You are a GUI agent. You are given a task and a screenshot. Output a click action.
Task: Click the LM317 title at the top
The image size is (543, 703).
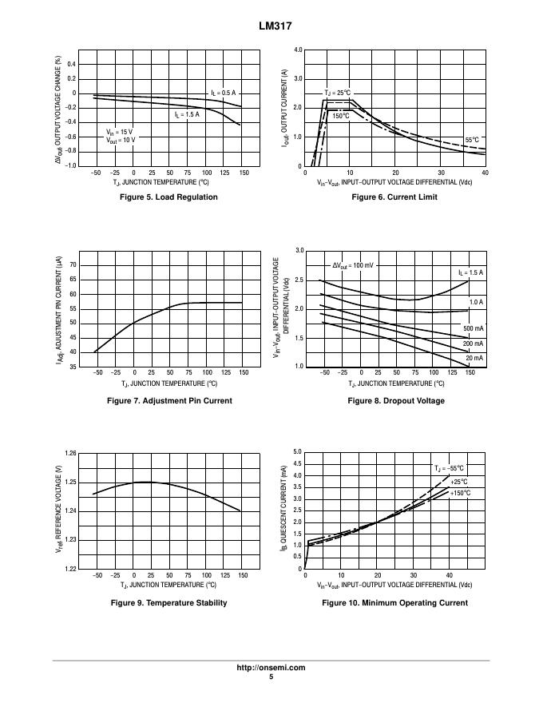(x=271, y=26)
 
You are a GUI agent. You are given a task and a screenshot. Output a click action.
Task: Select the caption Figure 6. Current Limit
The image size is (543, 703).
(x=394, y=197)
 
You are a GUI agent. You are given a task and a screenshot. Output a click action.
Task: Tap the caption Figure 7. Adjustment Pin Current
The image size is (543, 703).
(x=169, y=401)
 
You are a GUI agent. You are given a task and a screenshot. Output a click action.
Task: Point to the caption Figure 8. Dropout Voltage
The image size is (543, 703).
(x=396, y=401)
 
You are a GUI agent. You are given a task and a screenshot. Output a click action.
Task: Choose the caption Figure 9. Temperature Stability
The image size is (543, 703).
(x=168, y=603)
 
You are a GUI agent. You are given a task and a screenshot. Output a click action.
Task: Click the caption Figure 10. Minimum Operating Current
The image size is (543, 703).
(x=395, y=603)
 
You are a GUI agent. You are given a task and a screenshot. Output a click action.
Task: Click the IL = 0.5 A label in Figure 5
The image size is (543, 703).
(x=224, y=93)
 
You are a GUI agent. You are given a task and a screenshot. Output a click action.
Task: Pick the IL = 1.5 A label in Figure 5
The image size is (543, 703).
(x=187, y=114)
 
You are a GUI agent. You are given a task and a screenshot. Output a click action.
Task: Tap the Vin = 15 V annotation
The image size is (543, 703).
(x=120, y=131)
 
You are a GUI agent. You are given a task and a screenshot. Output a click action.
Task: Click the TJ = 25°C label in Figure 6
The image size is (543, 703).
(x=338, y=93)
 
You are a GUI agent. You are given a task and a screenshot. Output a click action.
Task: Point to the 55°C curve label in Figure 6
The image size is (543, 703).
(x=472, y=140)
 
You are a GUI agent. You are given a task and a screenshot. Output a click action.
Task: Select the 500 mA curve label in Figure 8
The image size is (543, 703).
(x=473, y=329)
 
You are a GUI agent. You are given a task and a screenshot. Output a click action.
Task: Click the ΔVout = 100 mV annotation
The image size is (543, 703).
(x=352, y=265)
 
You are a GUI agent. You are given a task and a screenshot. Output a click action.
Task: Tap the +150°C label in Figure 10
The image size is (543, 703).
(x=460, y=494)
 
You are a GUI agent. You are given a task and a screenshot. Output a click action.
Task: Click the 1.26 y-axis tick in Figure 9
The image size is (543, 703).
(x=70, y=454)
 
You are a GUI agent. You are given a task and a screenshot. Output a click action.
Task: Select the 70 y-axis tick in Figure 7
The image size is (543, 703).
(x=73, y=264)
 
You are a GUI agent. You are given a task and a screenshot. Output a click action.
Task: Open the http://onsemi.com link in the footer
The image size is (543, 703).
(x=271, y=668)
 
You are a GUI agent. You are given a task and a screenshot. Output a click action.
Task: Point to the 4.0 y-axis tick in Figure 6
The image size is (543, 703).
(x=297, y=50)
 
